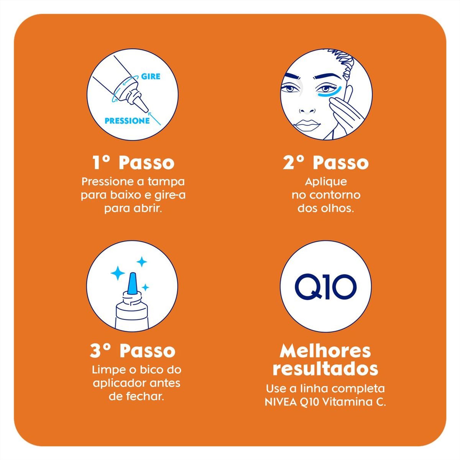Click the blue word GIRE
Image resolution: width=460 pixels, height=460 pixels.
[151, 76]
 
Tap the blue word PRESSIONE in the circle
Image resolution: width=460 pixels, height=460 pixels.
[127, 121]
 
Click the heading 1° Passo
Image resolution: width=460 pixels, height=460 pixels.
[133, 163]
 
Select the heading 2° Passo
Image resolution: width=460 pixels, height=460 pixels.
[326, 163]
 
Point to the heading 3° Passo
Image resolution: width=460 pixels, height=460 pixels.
[133, 351]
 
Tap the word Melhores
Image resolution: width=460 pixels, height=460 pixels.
[325, 351]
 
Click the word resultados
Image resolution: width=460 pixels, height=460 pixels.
[325, 369]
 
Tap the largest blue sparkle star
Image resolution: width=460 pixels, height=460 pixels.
[118, 273]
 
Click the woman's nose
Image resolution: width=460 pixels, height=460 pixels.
[307, 108]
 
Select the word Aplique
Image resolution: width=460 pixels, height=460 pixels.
[326, 182]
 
